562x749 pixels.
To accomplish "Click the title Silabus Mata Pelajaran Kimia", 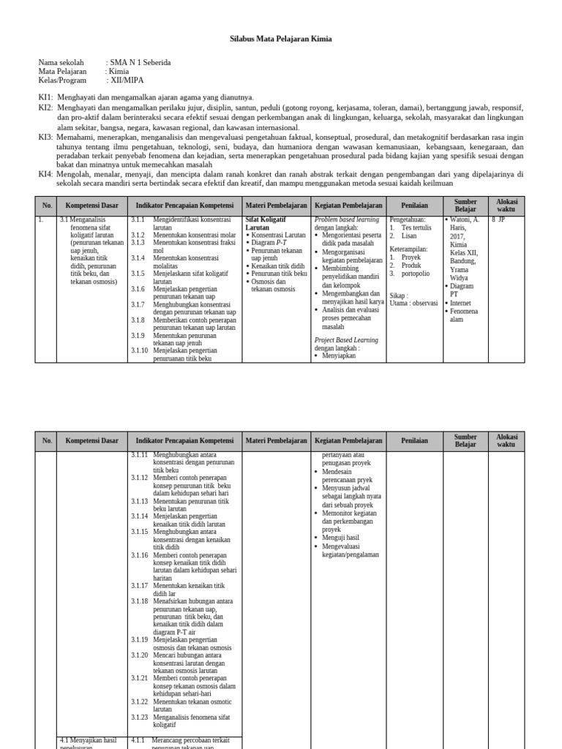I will click(x=281, y=38).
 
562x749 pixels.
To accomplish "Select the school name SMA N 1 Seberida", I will click(x=139, y=63).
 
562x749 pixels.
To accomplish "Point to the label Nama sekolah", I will click(x=61, y=63).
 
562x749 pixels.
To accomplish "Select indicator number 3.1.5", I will click(x=139, y=274).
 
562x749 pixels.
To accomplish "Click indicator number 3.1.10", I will click(x=140, y=350).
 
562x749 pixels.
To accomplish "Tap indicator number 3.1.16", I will click(x=140, y=555).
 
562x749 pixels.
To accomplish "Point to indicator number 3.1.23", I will click(x=140, y=718).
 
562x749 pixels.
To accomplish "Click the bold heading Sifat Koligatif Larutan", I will click(x=266, y=223).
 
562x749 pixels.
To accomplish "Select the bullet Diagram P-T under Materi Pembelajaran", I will click(x=269, y=242).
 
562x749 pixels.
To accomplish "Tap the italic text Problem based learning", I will click(x=347, y=219).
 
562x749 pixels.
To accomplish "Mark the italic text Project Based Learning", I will click(x=346, y=340).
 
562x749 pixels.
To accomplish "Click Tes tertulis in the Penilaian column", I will click(x=416, y=227).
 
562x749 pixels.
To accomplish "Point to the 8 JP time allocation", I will click(x=498, y=219).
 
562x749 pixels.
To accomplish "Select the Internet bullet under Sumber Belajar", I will click(x=461, y=302).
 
